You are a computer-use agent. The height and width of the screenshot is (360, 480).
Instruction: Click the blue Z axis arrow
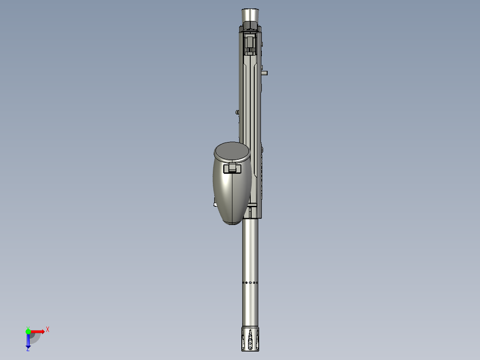tap(28, 342)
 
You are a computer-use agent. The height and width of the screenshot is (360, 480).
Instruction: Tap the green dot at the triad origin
tap(28, 331)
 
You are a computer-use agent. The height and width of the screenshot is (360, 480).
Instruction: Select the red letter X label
tap(47, 330)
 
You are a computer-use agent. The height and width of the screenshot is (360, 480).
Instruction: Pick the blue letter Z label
tap(28, 350)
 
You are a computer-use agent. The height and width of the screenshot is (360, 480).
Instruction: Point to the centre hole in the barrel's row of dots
tap(250, 282)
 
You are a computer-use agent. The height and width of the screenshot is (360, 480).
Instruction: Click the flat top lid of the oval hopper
tap(232, 151)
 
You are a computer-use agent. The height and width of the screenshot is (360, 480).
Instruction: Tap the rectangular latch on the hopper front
tap(232, 168)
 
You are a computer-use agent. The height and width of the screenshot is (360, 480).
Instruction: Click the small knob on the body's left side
tap(237, 112)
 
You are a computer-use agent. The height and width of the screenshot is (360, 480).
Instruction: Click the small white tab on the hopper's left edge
tap(214, 205)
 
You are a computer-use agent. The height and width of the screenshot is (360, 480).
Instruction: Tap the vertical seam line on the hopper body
tap(232, 196)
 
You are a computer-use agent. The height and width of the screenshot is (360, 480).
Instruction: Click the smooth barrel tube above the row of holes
tap(250, 250)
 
